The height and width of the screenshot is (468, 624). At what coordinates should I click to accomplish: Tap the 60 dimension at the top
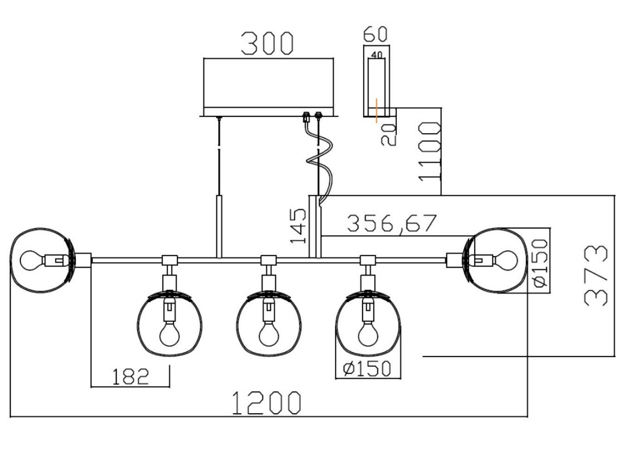pyautogui.click(x=375, y=34)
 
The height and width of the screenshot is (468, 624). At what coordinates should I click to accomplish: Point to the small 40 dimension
pyautogui.click(x=376, y=55)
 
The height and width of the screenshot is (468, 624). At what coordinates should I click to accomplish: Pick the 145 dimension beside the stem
pyautogui.click(x=298, y=226)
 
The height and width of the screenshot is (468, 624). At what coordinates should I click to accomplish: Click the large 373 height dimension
pyautogui.click(x=596, y=276)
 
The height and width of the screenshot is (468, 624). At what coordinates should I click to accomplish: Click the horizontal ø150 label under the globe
pyautogui.click(x=368, y=368)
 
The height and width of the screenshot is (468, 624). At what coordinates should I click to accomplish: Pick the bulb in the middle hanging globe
pyautogui.click(x=267, y=334)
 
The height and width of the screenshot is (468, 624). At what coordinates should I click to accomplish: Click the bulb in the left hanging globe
pyautogui.click(x=169, y=334)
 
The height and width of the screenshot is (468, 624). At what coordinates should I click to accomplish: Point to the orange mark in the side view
pyautogui.click(x=377, y=110)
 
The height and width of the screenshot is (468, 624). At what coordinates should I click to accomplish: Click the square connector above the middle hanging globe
pyautogui.click(x=267, y=260)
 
